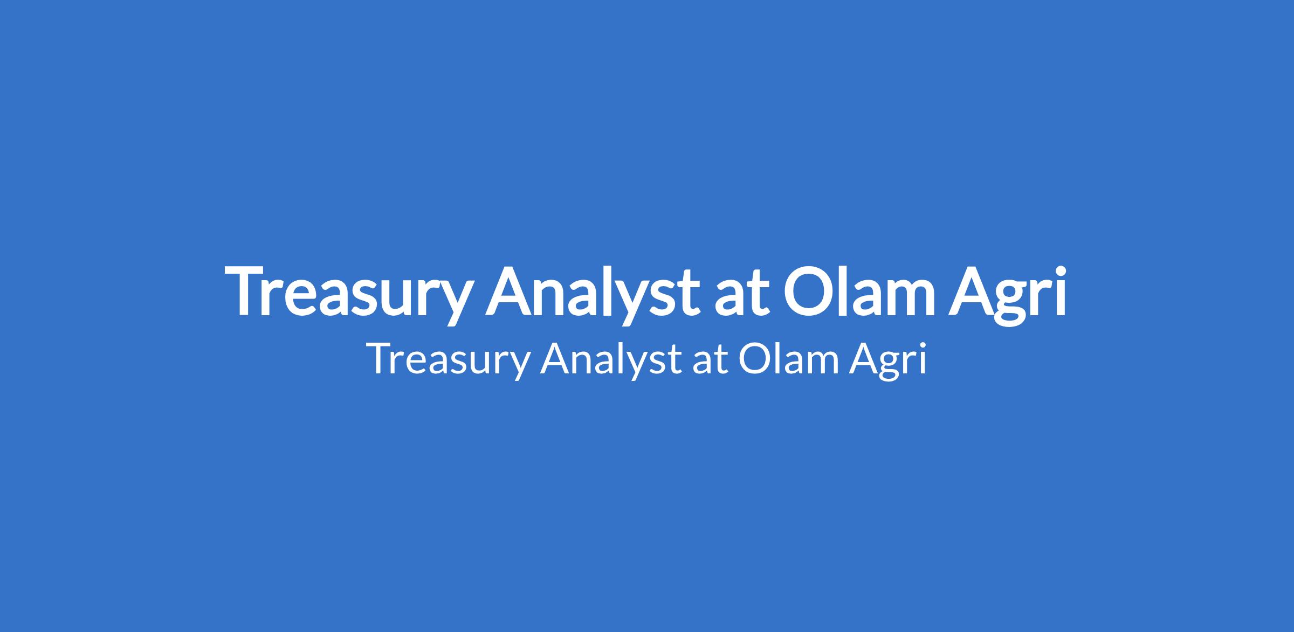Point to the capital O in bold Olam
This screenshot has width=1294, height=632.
[809, 290]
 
